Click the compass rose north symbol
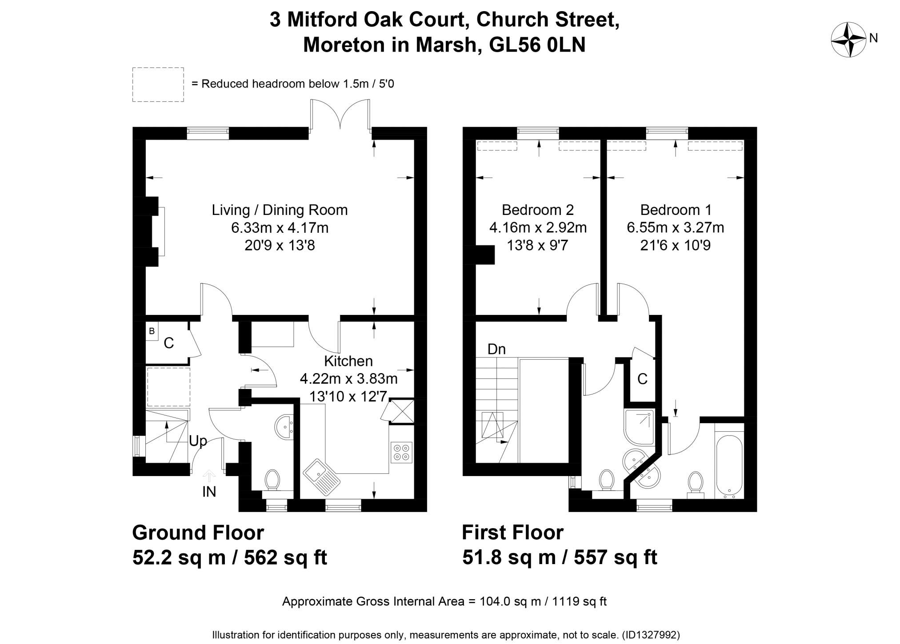click(848, 40)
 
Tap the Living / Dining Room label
click(280, 210)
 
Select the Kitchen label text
click(348, 361)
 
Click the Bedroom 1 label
click(676, 210)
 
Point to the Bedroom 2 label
click(538, 210)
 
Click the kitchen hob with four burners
click(402, 452)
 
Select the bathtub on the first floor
click(729, 466)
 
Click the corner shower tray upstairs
click(640, 427)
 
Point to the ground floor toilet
click(272, 482)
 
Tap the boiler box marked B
click(152, 331)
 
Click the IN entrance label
click(209, 492)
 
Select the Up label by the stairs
click(198, 441)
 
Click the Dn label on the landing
click(496, 349)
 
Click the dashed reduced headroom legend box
click(158, 84)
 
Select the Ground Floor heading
click(198, 532)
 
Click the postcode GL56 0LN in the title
click(537, 45)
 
